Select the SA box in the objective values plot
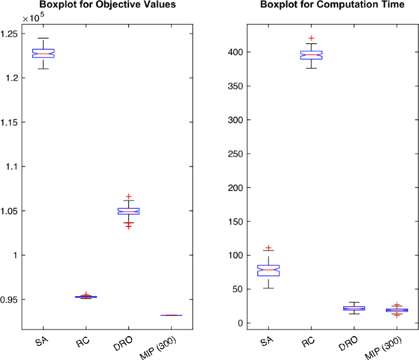click(44, 53)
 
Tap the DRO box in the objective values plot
click(128, 211)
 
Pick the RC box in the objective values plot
click(86, 297)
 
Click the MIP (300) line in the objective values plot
click(171, 315)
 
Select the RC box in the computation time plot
click(311, 55)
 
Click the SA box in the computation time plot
click(269, 270)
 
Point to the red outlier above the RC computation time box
click(311, 39)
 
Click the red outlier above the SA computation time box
click(269, 248)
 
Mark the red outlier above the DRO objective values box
click(128, 197)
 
